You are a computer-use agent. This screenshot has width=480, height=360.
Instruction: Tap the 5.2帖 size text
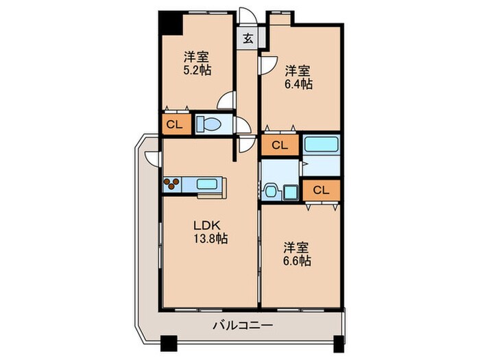[x=197, y=70]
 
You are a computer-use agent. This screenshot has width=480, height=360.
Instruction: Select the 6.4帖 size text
[x=299, y=84]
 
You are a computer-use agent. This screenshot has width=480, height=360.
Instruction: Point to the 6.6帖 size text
[x=298, y=261]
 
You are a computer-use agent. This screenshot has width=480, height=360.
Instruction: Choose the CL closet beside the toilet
[x=174, y=125]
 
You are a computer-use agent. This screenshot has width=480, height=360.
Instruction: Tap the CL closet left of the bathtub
[x=279, y=145]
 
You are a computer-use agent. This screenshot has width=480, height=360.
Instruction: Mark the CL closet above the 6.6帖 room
[x=321, y=190]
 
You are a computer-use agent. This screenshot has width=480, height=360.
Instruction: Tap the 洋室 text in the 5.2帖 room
[x=196, y=57]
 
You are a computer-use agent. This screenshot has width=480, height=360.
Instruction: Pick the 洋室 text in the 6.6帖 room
[x=298, y=248]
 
